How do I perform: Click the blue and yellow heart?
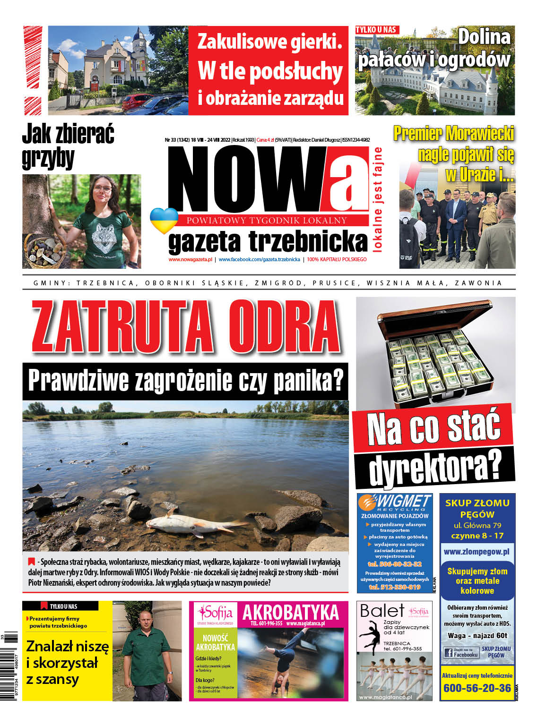(x=164, y=220)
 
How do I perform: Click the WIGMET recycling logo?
(x=394, y=503)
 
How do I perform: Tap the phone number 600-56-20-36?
(x=477, y=688)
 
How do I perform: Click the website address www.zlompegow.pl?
(x=477, y=551)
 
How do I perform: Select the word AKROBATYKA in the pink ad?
(x=290, y=613)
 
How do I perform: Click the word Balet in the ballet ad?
(x=382, y=611)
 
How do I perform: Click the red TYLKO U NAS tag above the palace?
(x=377, y=30)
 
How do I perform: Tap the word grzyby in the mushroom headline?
(x=48, y=158)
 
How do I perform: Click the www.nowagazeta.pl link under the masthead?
(x=190, y=259)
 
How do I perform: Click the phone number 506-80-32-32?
(x=394, y=564)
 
